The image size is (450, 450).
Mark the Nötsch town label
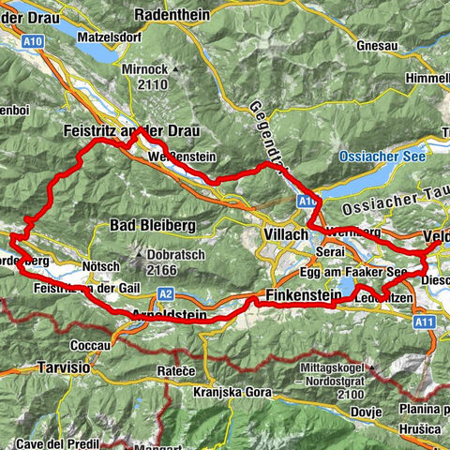tap(102, 266)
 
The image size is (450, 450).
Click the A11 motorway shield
tap(427, 322)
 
